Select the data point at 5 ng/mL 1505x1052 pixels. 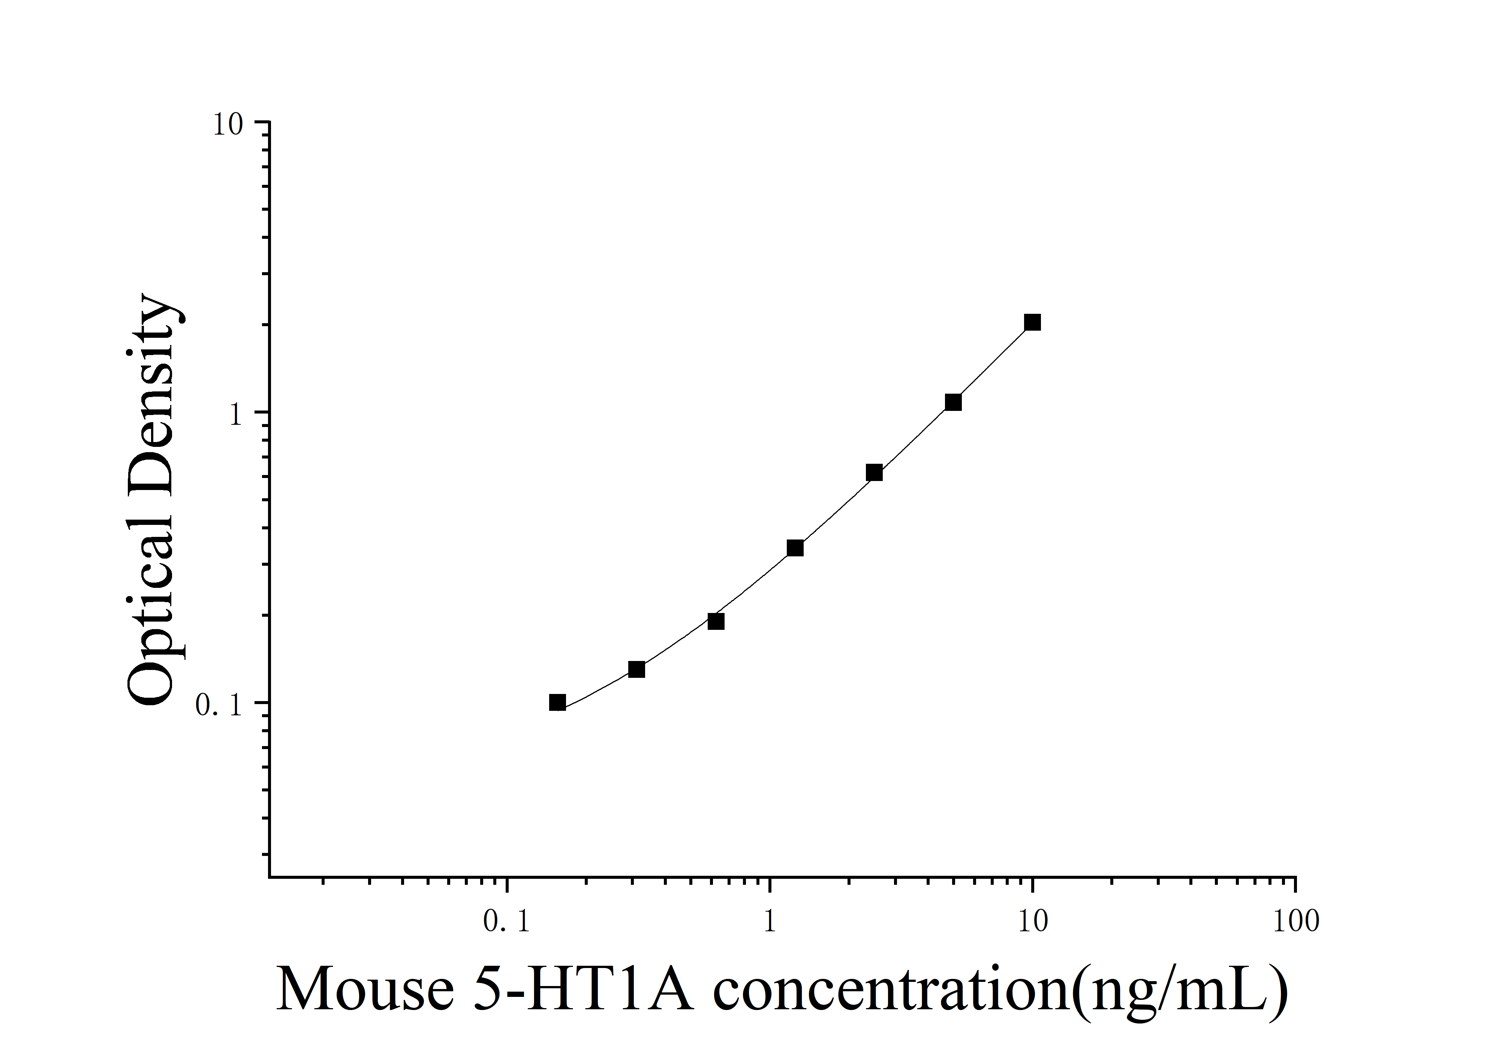953,402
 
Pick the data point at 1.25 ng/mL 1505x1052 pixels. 795,548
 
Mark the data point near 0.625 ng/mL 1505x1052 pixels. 716,621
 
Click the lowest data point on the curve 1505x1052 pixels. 557,703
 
